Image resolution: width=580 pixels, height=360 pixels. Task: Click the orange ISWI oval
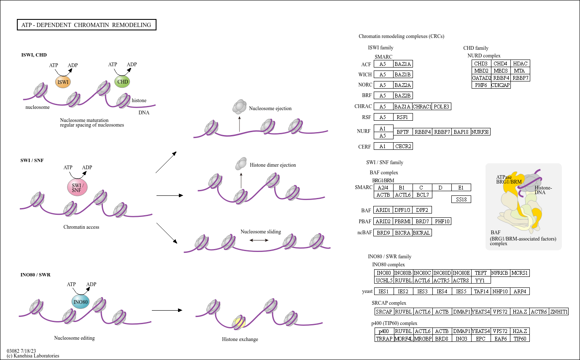click(x=62, y=81)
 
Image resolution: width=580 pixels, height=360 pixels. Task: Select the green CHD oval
click(x=122, y=81)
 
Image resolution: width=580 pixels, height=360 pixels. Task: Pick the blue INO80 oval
click(x=81, y=302)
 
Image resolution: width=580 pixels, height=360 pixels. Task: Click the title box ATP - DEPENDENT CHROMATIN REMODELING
click(x=86, y=25)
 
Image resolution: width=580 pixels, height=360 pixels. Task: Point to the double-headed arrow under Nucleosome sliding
click(x=259, y=240)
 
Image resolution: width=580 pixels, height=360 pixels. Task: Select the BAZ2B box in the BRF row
click(x=403, y=95)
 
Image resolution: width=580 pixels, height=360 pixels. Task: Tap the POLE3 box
click(x=442, y=106)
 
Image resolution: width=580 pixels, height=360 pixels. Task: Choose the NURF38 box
click(x=480, y=132)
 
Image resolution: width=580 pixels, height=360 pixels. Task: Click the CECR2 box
click(x=403, y=146)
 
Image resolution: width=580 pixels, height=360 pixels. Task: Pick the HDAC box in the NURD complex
click(x=519, y=63)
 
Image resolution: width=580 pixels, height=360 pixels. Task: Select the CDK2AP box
click(x=501, y=85)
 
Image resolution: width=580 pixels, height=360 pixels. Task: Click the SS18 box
click(x=461, y=199)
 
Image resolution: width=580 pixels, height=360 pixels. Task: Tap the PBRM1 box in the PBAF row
click(x=403, y=221)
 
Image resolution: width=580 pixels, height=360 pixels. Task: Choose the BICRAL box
click(x=422, y=233)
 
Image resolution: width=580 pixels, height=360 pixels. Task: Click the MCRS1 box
click(x=519, y=273)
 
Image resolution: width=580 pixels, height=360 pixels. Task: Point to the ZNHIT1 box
click(x=559, y=312)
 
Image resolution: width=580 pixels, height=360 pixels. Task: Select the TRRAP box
click(x=384, y=338)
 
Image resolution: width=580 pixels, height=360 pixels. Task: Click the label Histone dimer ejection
click(x=272, y=165)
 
